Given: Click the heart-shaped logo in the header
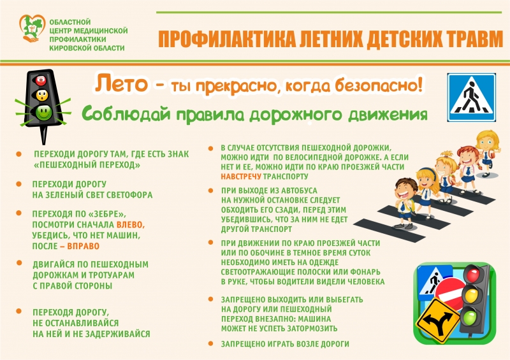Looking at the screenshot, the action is (32, 28).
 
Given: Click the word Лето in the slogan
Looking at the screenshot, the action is (121, 83).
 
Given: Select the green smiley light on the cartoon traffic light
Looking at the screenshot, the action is (43, 112).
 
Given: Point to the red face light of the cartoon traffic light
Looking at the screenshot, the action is (41, 80).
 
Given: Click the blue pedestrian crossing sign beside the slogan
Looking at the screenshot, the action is (471, 97).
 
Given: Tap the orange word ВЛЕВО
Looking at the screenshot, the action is (130, 225).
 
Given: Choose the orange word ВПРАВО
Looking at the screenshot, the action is (83, 246).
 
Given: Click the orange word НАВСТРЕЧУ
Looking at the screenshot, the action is (241, 176).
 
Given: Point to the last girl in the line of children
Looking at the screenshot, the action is (488, 153).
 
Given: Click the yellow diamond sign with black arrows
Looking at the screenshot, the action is (439, 321).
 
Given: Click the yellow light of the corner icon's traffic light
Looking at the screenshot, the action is (470, 295).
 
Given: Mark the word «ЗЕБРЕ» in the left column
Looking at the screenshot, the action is (106, 214).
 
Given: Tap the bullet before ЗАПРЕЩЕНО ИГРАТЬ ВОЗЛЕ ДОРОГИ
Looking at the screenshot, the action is (211, 343).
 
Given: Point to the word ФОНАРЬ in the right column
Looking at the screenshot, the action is (365, 272).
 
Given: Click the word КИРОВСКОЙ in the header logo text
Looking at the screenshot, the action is (67, 48).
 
